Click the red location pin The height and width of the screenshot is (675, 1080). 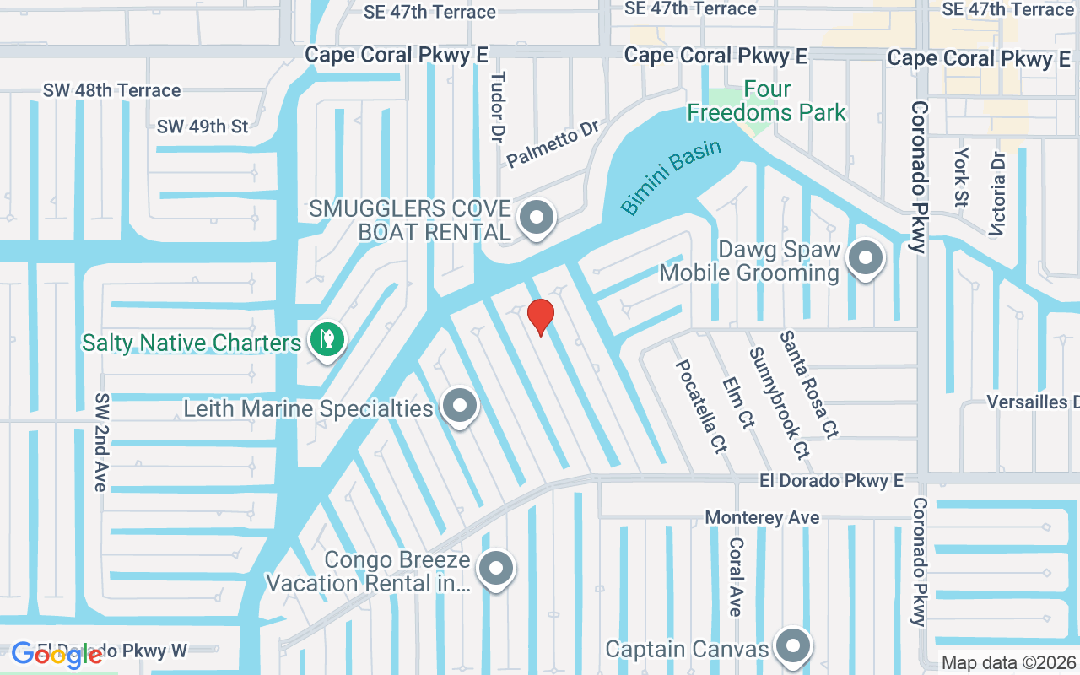pyautogui.click(x=540, y=316)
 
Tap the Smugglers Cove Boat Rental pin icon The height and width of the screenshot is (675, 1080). pyautogui.click(x=536, y=218)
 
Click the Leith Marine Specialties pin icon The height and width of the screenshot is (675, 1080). pyautogui.click(x=460, y=407)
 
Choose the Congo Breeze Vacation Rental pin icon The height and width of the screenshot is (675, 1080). pyautogui.click(x=496, y=570)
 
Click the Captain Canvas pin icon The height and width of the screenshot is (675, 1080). pyautogui.click(x=792, y=646)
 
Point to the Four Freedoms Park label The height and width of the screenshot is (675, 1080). pyautogui.click(x=766, y=100)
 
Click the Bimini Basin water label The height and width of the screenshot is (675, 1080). pyautogui.click(x=672, y=177)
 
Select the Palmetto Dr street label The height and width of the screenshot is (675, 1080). pyautogui.click(x=553, y=143)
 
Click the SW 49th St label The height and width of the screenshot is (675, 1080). pyautogui.click(x=202, y=127)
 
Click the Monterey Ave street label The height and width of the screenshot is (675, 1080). pyautogui.click(x=762, y=517)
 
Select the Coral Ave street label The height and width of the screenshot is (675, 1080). pyautogui.click(x=736, y=577)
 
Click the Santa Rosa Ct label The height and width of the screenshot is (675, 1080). pyautogui.click(x=808, y=384)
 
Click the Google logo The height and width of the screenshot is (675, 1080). pyautogui.click(x=57, y=655)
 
